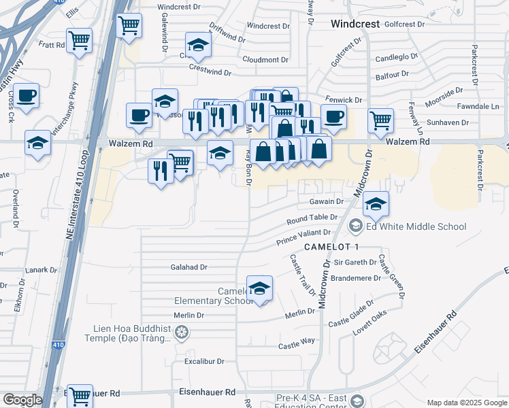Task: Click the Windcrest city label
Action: pos(353,24)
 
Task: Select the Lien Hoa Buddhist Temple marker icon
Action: pos(180,333)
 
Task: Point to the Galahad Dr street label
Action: pos(188,267)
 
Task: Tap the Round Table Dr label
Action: pos(312,219)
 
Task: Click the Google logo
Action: pos(22,400)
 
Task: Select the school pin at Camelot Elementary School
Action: pos(259,289)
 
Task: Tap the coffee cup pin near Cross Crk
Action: pos(27,96)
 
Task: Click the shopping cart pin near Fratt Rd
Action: pos(80,41)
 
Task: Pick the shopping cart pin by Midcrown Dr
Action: pos(380,120)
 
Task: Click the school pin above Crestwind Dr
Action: pos(198,46)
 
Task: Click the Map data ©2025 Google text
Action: pos(466,403)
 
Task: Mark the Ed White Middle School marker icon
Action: pos(356,226)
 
